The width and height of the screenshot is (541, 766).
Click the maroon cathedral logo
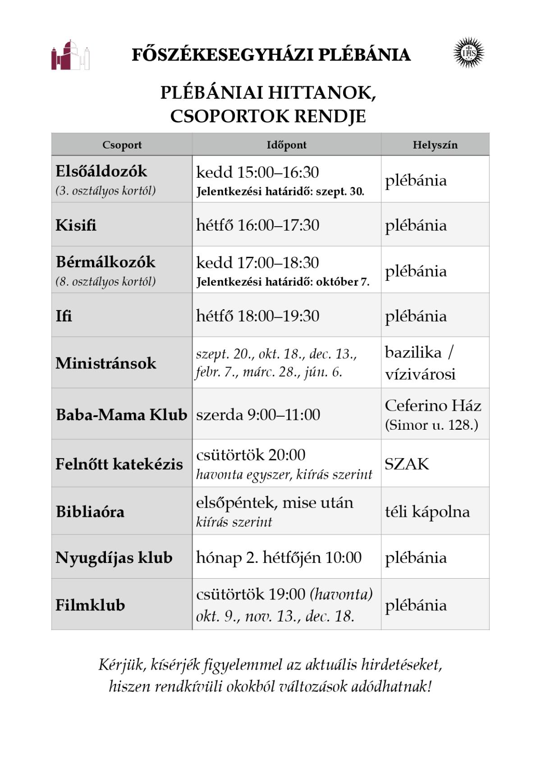click(x=70, y=55)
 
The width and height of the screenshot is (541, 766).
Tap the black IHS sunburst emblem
click(x=468, y=53)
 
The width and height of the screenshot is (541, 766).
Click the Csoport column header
click(x=122, y=145)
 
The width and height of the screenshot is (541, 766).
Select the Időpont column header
click(x=286, y=145)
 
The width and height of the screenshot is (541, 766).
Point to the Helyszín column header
click(x=435, y=145)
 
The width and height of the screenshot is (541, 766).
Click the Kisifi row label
click(x=76, y=225)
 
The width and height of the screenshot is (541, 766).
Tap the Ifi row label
click(x=64, y=316)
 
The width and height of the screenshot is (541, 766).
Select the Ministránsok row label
click(x=106, y=363)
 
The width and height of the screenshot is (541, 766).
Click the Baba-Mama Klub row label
click(x=121, y=414)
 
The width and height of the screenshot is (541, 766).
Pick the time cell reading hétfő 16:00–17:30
click(x=257, y=225)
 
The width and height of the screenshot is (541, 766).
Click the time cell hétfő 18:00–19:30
click(x=257, y=316)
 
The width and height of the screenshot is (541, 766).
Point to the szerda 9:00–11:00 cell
click(x=258, y=414)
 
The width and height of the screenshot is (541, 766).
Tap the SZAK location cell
click(x=407, y=464)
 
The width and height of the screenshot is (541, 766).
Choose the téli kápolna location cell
click(x=427, y=511)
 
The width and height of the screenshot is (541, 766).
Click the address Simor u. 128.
click(x=431, y=425)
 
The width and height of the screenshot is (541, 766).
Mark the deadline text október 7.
click(x=343, y=282)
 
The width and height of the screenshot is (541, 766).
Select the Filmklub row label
click(x=90, y=605)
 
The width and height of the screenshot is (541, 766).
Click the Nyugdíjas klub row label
click(x=114, y=557)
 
